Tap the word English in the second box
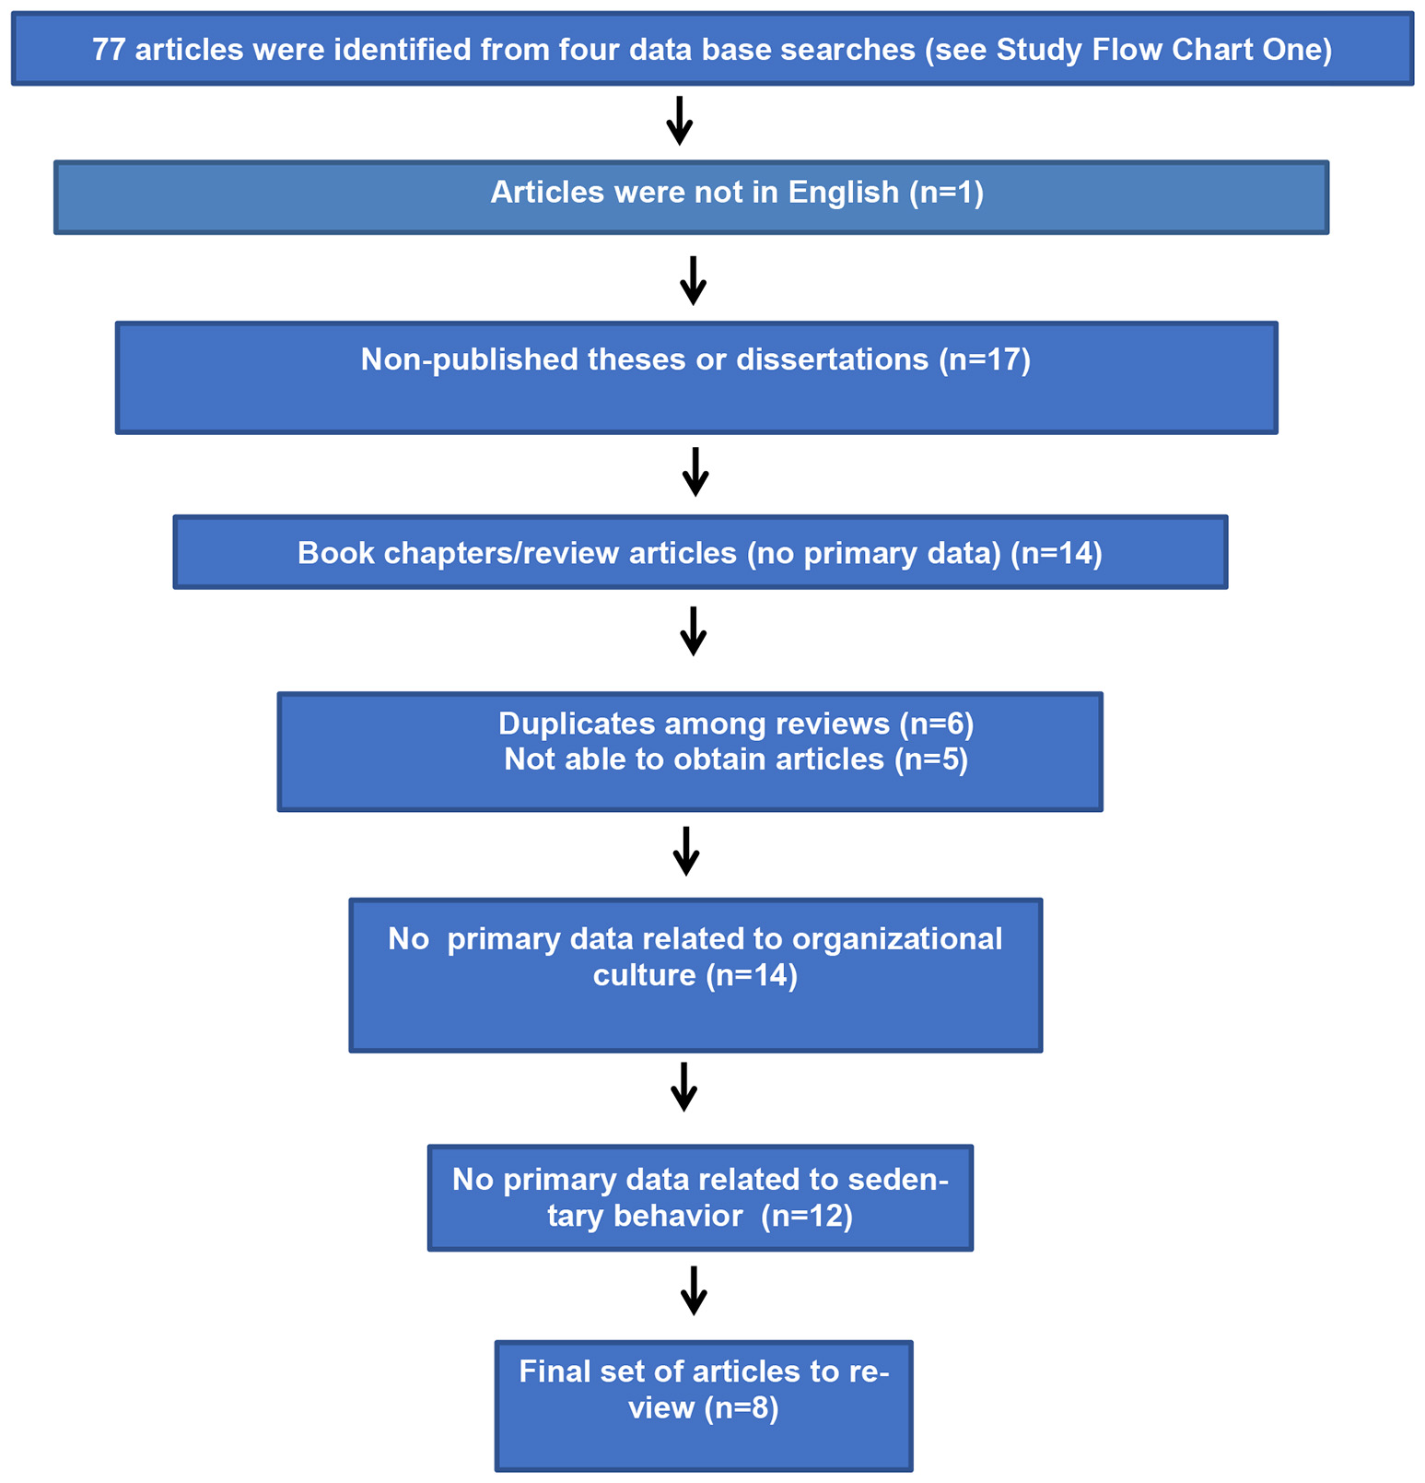[843, 192]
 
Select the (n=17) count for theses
[984, 359]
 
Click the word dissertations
[832, 359]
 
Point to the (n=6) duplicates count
[936, 724]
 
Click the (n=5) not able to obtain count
[931, 759]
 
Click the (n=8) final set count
[742, 1407]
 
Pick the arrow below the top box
[679, 121]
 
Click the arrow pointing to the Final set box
[694, 1290]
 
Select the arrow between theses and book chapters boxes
[695, 472]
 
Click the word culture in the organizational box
[644, 975]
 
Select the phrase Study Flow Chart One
[1163, 50]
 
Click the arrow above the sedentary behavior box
[683, 1087]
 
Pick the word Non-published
[469, 359]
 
